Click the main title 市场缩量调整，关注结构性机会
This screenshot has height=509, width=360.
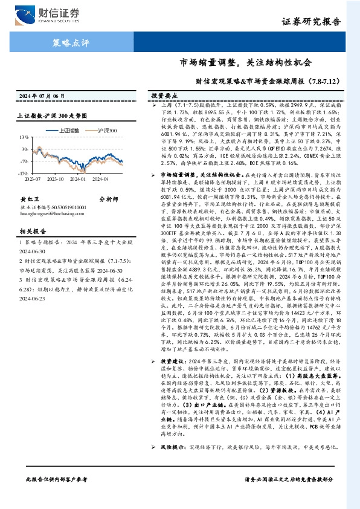(x=246, y=62)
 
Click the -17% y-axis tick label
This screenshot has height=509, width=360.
(x=22, y=172)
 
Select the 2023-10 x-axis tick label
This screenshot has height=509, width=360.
(x=55, y=178)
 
